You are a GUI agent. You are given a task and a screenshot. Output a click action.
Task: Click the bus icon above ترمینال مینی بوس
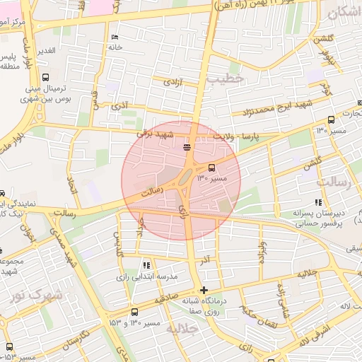pyautogui.click(x=46, y=78)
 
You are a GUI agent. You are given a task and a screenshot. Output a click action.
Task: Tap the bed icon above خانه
pyautogui.click(x=115, y=37)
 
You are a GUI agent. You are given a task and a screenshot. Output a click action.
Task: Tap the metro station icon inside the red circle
pyautogui.click(x=187, y=147)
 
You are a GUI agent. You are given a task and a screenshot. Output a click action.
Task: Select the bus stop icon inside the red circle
pyautogui.click(x=211, y=168)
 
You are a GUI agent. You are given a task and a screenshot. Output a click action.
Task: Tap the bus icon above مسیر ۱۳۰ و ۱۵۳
pyautogui.click(x=134, y=312)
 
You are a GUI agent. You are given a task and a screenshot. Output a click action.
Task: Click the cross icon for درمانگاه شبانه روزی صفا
pyautogui.click(x=204, y=290)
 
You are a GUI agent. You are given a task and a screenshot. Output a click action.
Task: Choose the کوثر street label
pyautogui.click(x=325, y=89)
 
